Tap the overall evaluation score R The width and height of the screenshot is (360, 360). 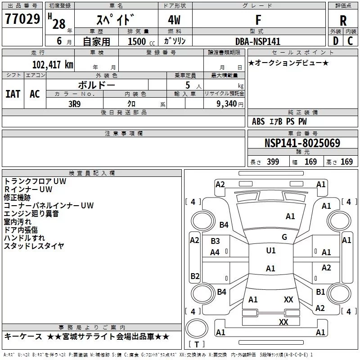tap(343, 21)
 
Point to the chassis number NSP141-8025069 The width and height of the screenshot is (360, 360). tap(302, 144)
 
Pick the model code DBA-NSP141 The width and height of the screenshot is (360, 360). tap(258, 41)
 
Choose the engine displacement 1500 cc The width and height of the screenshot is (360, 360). tap(138, 41)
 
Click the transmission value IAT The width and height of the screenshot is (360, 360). tap(13, 94)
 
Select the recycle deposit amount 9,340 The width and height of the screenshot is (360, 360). tap(227, 103)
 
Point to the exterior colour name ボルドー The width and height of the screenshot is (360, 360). tap(96, 85)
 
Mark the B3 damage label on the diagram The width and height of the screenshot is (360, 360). tap(215, 241)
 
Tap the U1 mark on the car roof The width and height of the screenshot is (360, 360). tap(270, 251)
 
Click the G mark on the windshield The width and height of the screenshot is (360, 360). tap(284, 237)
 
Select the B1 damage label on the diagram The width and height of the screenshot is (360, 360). tap(320, 292)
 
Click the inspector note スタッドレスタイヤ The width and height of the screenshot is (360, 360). tap(34, 246)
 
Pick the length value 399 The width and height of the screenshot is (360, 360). tap(273, 162)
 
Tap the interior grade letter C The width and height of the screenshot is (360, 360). tap(350, 41)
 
